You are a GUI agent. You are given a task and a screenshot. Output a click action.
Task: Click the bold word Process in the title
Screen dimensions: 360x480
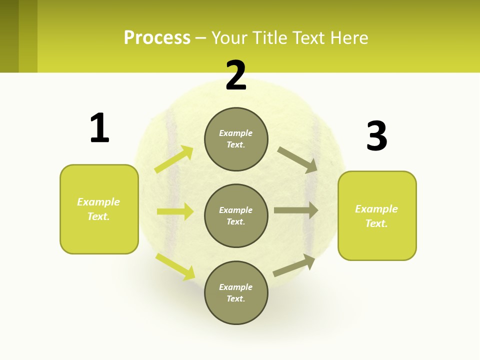[157, 38]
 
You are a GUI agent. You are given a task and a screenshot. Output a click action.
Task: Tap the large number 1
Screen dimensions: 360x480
[99, 128]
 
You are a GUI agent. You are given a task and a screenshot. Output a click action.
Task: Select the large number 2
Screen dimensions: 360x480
[236, 75]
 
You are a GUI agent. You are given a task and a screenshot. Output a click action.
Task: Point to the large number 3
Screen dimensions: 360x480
[376, 136]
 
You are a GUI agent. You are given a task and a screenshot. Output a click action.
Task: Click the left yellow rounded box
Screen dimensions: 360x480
[99, 209]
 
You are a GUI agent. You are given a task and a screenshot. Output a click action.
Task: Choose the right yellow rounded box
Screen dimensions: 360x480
[377, 215]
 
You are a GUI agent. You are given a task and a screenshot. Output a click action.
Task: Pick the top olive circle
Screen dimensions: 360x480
[236, 139]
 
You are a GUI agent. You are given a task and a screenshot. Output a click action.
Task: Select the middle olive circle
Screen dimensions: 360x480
[236, 215]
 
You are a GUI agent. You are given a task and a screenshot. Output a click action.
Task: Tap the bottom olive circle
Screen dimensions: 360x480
[236, 292]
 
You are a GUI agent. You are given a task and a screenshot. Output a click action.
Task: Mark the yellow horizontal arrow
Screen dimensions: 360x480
[175, 211]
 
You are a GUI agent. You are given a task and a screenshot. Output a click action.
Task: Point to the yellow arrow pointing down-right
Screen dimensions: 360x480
[175, 266]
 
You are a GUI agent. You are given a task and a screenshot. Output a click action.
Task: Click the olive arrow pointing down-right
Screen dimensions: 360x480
[297, 160]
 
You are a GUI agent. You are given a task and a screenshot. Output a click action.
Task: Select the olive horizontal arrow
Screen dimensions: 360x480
[296, 210]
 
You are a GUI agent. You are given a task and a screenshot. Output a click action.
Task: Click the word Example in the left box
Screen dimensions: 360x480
[98, 202]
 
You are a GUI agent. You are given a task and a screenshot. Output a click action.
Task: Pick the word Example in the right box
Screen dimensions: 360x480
[376, 209]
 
